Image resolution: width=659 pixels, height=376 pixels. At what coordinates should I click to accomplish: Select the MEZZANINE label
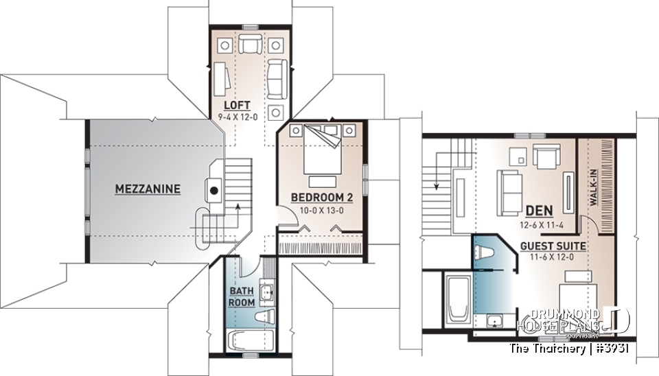(148, 188)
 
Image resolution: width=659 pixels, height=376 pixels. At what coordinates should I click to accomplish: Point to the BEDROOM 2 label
(322, 198)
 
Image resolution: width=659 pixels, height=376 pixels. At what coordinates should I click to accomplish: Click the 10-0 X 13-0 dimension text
(322, 210)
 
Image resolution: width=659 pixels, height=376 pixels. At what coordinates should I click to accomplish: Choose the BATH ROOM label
(242, 297)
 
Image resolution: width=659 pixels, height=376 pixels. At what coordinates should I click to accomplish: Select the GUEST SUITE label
(553, 245)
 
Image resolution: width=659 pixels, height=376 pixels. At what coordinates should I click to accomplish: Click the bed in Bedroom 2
(322, 154)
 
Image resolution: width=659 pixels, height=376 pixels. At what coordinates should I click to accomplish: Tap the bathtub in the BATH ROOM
(249, 340)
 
